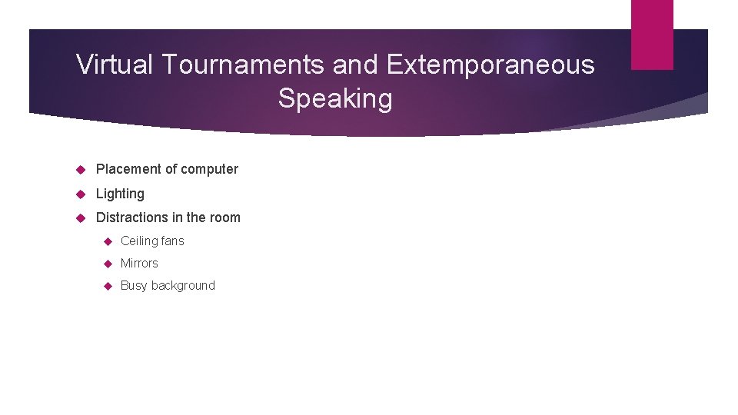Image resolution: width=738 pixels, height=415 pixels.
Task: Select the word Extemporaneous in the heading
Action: pyautogui.click(x=490, y=65)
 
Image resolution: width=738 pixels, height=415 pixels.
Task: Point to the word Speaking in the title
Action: pyautogui.click(x=335, y=98)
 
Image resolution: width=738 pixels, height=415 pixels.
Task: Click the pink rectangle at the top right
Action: pyautogui.click(x=652, y=35)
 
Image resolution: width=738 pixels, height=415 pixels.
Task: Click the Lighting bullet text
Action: pyautogui.click(x=120, y=194)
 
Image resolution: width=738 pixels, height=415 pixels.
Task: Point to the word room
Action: pyautogui.click(x=224, y=217)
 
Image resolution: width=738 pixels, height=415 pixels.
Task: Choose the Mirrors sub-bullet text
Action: pyautogui.click(x=139, y=264)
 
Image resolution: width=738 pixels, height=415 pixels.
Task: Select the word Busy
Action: pyautogui.click(x=134, y=286)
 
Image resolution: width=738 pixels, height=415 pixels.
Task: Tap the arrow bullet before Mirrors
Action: pyautogui.click(x=107, y=264)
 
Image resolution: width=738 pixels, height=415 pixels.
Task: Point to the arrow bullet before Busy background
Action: pyautogui.click(x=107, y=286)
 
